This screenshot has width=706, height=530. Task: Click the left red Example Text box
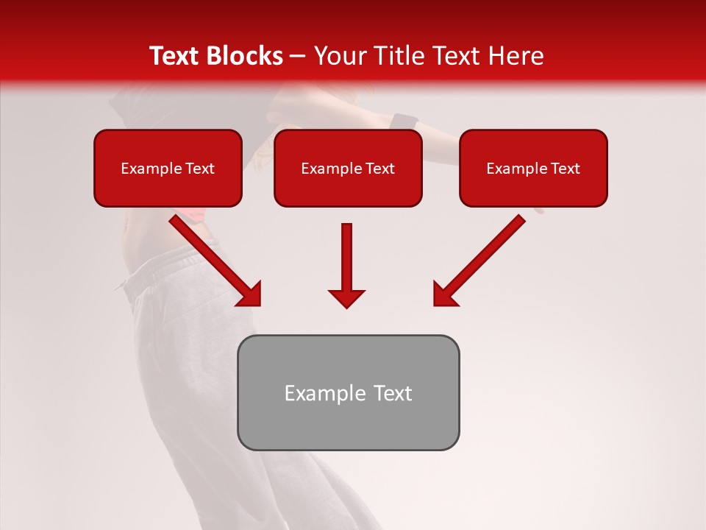coord(168,168)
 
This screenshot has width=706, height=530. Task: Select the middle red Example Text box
coord(348,168)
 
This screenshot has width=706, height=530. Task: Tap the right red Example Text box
coord(533,168)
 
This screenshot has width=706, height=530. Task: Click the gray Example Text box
coord(348,392)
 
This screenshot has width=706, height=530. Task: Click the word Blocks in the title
coord(246,56)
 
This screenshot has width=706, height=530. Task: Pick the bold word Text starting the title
coord(176,56)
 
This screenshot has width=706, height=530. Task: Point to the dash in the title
coord(298,57)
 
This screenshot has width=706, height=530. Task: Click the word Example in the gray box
coord(323,393)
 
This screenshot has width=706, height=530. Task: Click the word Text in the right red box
coord(564,169)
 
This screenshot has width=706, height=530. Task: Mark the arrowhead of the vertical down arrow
coord(346,297)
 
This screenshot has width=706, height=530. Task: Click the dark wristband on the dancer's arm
coord(403,121)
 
